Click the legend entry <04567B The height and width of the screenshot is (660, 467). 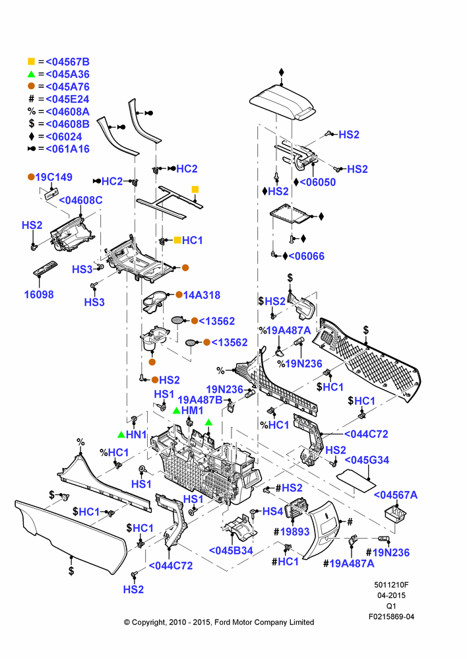point(68,62)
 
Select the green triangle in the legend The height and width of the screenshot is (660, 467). point(31,74)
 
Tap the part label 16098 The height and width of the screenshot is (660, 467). point(39,294)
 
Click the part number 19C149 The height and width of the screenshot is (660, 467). point(54,177)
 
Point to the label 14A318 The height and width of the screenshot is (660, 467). point(202,295)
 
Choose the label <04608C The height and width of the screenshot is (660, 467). point(80,201)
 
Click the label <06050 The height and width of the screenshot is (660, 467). point(318,182)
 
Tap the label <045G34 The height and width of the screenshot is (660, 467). point(367,460)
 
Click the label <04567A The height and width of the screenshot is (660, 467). point(396,495)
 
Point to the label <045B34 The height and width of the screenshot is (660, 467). point(231,550)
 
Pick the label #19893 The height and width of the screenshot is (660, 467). point(291,532)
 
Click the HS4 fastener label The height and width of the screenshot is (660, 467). point(272,511)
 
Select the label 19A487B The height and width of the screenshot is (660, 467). point(200,400)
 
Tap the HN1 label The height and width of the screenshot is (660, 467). point(136,434)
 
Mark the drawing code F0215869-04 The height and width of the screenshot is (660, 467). point(391,616)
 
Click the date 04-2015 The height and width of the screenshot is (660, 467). point(391,595)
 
